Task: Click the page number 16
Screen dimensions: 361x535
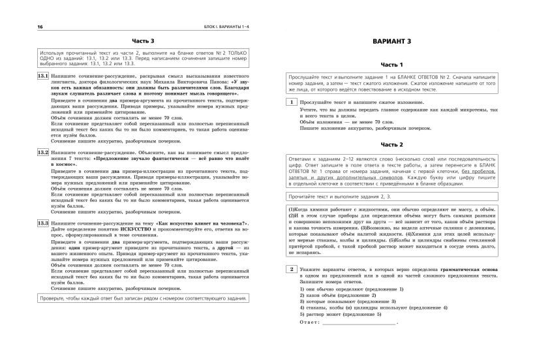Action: (23, 26)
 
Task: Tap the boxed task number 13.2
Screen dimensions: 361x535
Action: (42, 151)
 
